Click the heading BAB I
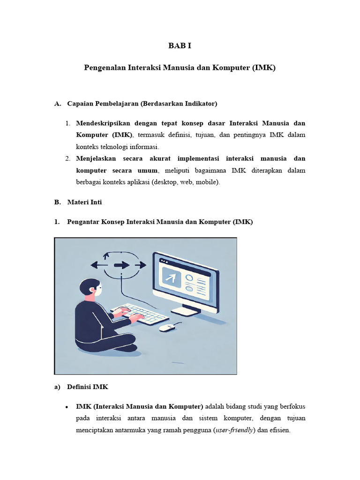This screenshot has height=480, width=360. [x=180, y=45]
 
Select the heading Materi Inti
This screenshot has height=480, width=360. [x=84, y=202]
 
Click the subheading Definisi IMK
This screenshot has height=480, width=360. [x=88, y=387]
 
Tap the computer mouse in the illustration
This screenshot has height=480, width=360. [x=167, y=327]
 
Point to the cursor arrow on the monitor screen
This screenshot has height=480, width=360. [x=170, y=278]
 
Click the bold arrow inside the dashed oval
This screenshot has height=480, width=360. [x=121, y=265]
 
